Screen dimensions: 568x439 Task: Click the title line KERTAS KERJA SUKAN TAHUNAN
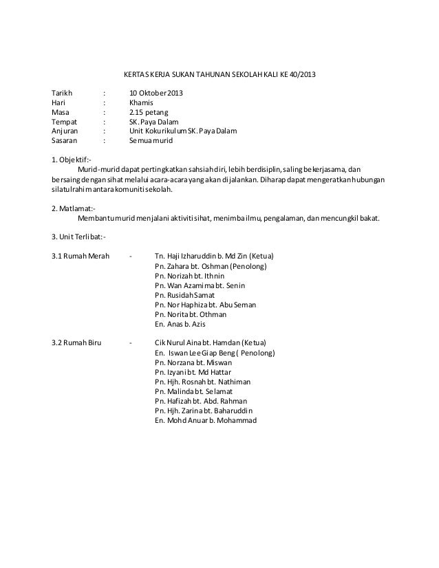(216, 74)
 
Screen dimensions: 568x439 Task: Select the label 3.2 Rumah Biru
(76, 343)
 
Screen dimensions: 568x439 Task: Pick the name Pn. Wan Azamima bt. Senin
(200, 285)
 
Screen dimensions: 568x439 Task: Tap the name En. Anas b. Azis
(180, 324)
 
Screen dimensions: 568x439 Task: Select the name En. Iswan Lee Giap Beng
(215, 353)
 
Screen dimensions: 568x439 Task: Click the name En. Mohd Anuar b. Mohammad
(206, 420)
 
